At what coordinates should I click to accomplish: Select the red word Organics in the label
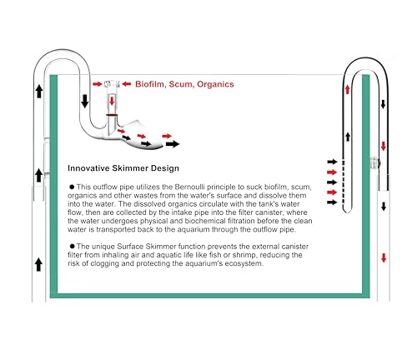215,84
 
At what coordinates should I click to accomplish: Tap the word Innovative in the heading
88,168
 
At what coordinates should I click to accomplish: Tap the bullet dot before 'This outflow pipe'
73,187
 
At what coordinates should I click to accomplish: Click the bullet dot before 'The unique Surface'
73,246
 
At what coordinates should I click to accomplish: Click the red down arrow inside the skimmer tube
112,101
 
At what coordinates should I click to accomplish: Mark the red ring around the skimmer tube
112,114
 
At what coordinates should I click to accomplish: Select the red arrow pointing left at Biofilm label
126,83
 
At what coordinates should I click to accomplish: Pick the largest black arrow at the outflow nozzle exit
173,144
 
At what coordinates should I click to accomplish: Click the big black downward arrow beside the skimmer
85,101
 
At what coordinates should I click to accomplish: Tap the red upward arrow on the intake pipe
347,89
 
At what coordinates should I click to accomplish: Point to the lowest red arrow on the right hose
384,258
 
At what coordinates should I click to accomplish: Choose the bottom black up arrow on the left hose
38,264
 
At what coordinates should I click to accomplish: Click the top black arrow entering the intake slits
332,162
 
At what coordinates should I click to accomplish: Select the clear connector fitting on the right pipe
374,163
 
